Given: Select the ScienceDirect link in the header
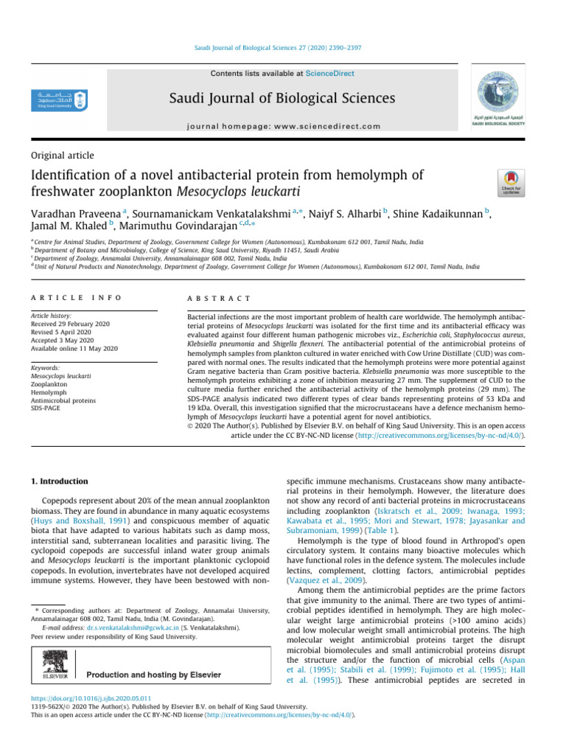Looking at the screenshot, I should (x=331, y=74).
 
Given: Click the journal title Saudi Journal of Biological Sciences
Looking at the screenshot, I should (x=273, y=98).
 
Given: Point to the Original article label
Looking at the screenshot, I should (x=62, y=155).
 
